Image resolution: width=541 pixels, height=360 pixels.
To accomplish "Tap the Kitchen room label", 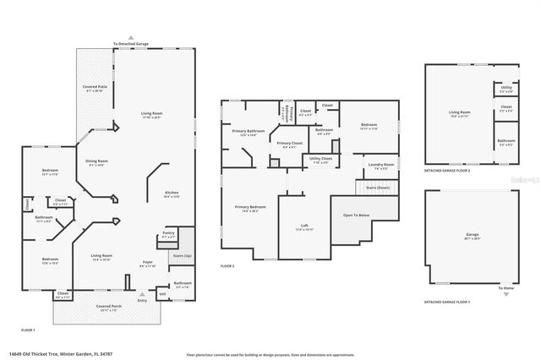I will pos(171,194).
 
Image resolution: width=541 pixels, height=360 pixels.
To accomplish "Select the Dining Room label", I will pos(97,162).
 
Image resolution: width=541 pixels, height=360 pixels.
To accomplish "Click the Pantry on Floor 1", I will pos(168,234).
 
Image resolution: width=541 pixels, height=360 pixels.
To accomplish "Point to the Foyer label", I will pos(147,265).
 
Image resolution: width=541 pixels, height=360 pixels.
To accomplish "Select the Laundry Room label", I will pos(381,166).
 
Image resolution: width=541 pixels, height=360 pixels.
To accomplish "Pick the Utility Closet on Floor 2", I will pos(321,160).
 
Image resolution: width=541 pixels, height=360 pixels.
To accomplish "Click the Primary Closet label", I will pos(289,145).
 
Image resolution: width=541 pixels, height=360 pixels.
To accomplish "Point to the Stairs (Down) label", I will pos(377,188).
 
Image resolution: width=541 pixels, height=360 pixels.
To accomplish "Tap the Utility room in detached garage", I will pos(505,90).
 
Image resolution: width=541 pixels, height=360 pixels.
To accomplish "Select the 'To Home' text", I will pos(505,289).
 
